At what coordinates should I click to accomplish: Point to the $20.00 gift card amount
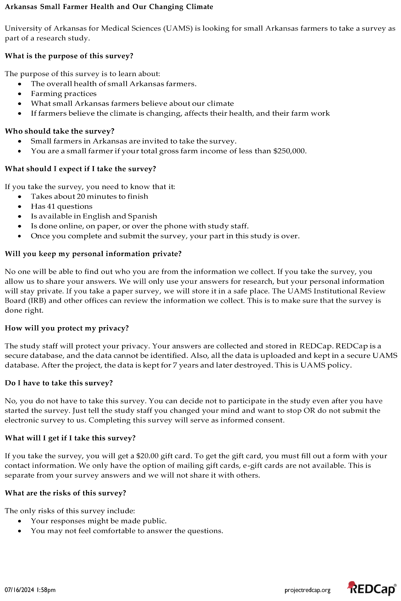pyautogui.click(x=147, y=456)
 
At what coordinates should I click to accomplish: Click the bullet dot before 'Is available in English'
pyautogui.click(x=20, y=216)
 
